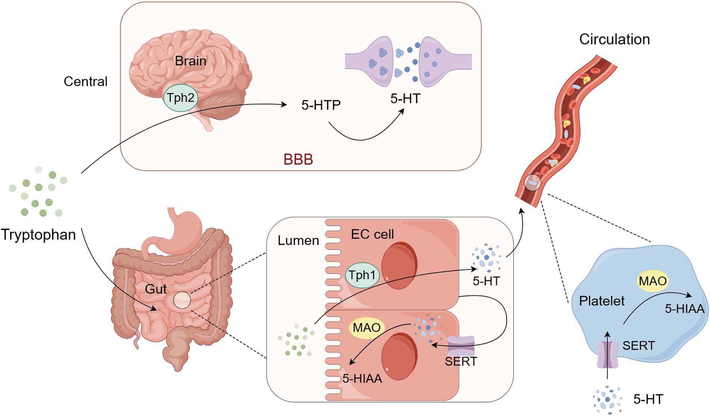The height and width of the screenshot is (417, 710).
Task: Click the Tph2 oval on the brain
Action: coord(180,98)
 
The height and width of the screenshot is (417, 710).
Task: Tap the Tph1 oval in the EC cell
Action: coord(362,275)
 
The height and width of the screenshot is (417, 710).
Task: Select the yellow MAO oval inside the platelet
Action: coord(652,281)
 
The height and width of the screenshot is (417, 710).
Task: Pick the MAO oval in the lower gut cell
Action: coord(367,328)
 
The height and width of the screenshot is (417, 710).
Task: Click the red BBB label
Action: coord(298,159)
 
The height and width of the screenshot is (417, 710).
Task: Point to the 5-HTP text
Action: coord(321,105)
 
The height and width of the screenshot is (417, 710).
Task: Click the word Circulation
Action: coord(614,39)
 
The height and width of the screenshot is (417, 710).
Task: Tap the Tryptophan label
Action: coord(38,234)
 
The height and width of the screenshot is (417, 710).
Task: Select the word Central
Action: coord(86,81)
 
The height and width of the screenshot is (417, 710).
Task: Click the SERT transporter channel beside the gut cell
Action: coord(461,345)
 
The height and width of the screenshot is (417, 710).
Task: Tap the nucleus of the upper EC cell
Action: coord(399,265)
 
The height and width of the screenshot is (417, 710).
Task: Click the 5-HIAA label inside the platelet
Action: coord(684,309)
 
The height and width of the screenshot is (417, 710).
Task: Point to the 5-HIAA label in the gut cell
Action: coord(362,379)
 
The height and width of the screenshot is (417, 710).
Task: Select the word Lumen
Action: coord(298,240)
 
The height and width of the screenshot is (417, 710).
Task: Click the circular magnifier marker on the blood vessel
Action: coord(532,183)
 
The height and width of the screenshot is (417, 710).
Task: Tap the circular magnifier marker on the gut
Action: coord(182,300)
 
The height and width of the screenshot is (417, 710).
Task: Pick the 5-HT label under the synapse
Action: coord(405,99)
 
